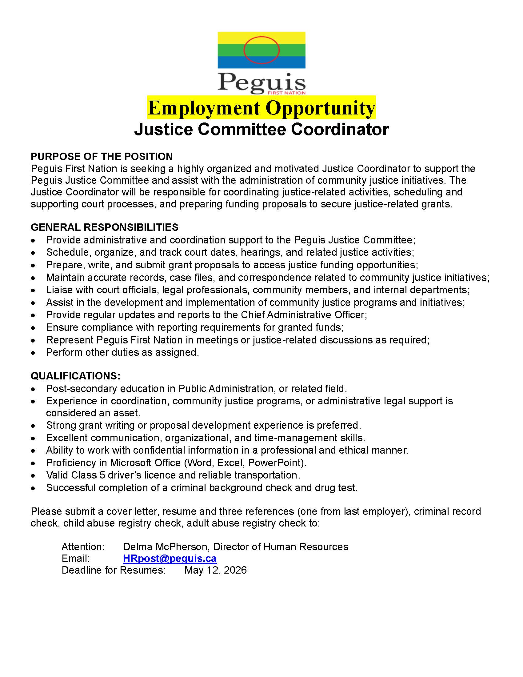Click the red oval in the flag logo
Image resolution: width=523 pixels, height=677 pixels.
[x=261, y=50]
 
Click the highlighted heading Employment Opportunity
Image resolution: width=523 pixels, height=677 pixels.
[x=261, y=108]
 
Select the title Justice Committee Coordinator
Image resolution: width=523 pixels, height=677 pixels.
[x=261, y=129]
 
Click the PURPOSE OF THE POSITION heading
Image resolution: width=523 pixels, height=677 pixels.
[x=102, y=156]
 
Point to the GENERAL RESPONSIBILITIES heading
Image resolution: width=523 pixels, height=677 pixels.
[x=104, y=227]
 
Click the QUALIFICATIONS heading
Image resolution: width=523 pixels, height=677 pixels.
[x=75, y=376]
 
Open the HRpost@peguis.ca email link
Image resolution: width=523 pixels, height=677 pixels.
[x=170, y=559]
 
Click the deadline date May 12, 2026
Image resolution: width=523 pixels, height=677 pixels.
[x=215, y=570]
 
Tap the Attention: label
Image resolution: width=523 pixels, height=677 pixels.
[x=83, y=547]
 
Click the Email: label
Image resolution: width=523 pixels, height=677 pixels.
[x=76, y=559]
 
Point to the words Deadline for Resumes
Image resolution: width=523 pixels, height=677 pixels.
[x=114, y=570]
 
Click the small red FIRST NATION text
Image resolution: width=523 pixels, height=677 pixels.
[x=287, y=93]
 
